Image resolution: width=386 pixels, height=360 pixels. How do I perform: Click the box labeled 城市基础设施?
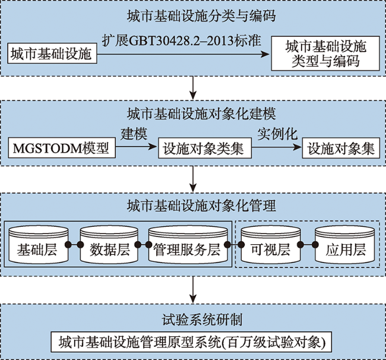click(x=52, y=53)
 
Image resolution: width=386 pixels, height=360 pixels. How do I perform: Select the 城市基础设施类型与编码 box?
click(x=325, y=53)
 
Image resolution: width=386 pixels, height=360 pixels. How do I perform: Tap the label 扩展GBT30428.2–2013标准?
click(x=182, y=41)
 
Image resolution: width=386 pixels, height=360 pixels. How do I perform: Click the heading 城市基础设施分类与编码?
click(x=201, y=17)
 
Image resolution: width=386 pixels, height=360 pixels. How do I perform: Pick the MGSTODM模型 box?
click(x=62, y=148)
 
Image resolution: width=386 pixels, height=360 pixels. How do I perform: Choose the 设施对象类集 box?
click(x=204, y=148)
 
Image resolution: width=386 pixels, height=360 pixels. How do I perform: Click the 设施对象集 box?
click(x=341, y=148)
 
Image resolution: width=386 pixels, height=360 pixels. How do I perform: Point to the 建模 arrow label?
click(x=134, y=134)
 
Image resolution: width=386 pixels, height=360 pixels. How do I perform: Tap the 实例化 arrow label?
click(x=277, y=134)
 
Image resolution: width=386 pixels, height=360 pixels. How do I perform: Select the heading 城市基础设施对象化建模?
click(x=201, y=113)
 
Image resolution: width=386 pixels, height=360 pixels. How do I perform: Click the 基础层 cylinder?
click(x=39, y=245)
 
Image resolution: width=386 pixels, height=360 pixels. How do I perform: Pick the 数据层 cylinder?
click(x=109, y=245)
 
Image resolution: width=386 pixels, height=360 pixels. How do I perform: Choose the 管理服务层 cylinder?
click(x=188, y=245)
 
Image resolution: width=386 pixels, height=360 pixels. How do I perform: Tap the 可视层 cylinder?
click(x=271, y=245)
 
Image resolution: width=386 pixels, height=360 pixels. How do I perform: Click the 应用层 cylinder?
click(x=345, y=245)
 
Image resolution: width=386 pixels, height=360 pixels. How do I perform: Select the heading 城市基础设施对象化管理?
click(x=201, y=206)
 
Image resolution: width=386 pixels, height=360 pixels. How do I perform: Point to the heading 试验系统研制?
click(x=202, y=320)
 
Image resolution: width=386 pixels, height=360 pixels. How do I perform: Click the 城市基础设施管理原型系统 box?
click(x=191, y=342)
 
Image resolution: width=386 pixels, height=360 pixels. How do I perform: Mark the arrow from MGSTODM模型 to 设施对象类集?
click(x=136, y=147)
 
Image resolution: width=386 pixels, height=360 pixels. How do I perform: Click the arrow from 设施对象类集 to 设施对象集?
click(x=277, y=147)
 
